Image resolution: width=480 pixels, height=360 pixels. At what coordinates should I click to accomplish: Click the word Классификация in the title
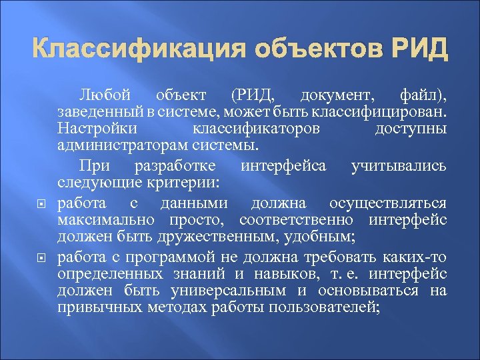pos(134,50)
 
